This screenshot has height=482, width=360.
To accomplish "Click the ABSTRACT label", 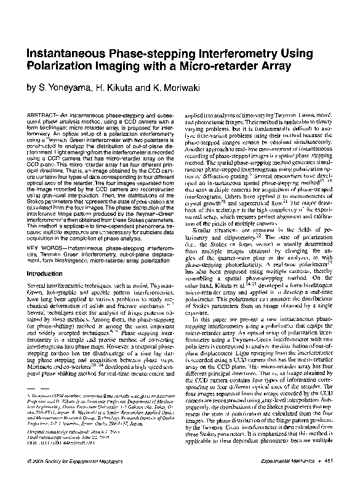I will coord(42,116).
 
